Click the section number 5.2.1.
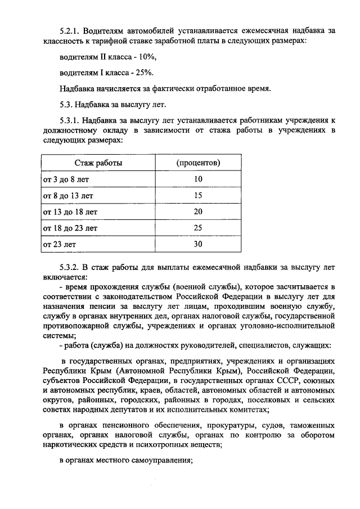click(71, 30)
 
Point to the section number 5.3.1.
click(71, 120)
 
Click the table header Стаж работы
click(98, 163)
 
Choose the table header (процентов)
click(198, 163)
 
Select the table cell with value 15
click(198, 196)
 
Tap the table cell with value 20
click(198, 212)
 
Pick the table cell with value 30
click(198, 245)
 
